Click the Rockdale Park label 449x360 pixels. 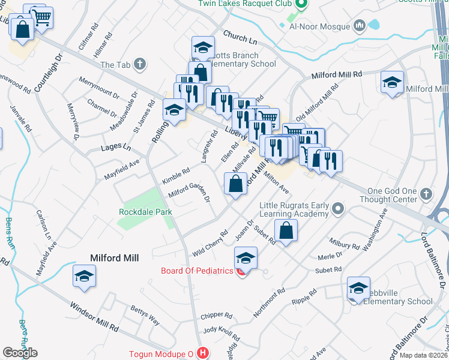pos(145,212)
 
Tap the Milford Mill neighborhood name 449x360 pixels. pos(114,258)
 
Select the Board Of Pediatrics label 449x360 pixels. pos(196,271)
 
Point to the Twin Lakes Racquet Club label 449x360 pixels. pos(246,4)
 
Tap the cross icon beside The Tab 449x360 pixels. pos(139,64)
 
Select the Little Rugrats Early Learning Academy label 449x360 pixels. pos(294,209)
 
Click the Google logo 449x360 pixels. pos(20,353)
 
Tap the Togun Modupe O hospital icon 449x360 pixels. pos(203,354)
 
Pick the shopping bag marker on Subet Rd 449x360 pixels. pos(286,230)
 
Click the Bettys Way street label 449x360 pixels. pos(145,315)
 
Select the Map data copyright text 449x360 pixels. pos(423,355)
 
